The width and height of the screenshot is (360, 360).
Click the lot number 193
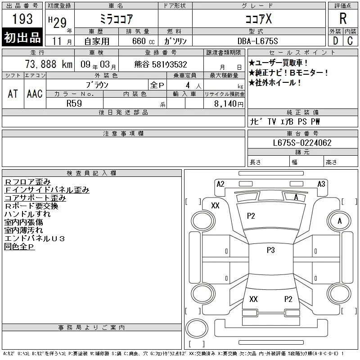[22, 18]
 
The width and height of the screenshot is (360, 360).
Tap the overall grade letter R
[343, 18]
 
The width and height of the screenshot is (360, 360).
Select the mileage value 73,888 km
[49, 64]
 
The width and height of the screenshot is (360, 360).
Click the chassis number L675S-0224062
[302, 143]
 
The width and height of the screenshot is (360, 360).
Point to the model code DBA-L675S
[257, 41]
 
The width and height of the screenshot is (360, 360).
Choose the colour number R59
[74, 103]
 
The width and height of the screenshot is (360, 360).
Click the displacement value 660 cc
[143, 41]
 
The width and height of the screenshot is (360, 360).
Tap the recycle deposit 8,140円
[229, 104]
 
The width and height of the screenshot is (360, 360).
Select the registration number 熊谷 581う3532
[161, 64]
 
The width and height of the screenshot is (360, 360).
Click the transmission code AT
[13, 94]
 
